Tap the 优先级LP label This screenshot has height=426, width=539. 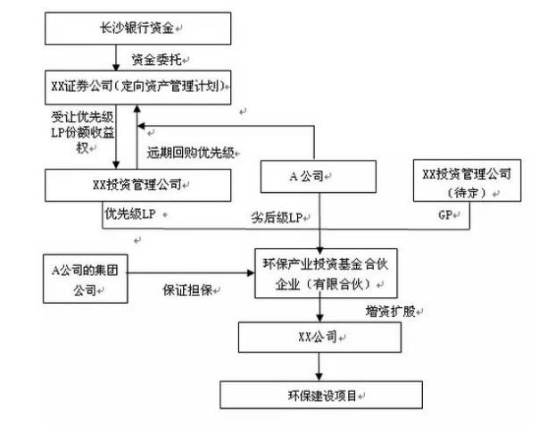[126, 214]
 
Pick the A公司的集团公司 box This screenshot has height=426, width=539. [85, 277]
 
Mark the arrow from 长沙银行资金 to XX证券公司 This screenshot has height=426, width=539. [119, 60]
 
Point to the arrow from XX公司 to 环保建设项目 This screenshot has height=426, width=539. [317, 367]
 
